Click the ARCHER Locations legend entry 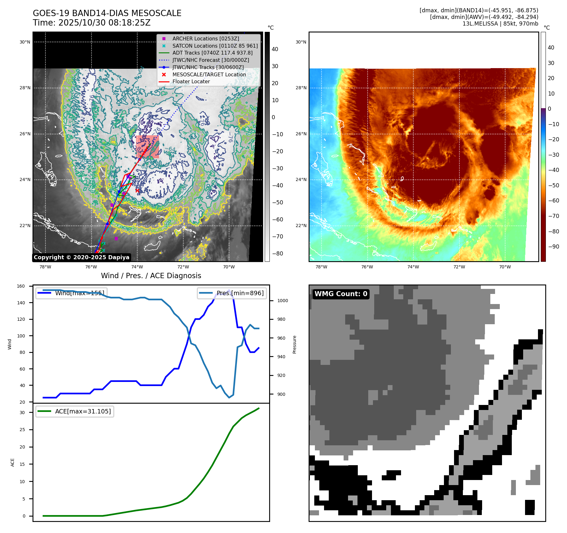tap(205, 38)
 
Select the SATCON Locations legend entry tap(215, 46)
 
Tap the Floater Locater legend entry tap(191, 81)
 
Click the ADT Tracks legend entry tap(212, 53)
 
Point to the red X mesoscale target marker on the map tap(137, 190)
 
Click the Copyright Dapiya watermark tap(81, 257)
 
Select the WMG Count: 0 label tap(341, 294)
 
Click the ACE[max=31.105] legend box tap(75, 411)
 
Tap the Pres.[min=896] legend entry tap(232, 293)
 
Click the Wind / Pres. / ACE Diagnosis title tap(151, 276)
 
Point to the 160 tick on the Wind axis tap(21, 286)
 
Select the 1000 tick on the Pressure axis tap(282, 301)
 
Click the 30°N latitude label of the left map tap(25, 42)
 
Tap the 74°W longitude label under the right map tap(413, 267)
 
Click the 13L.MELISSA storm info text tap(500, 24)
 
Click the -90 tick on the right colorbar tap(553, 247)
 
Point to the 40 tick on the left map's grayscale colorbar tap(275, 49)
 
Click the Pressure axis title tap(294, 344)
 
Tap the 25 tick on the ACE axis tap(22, 430)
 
